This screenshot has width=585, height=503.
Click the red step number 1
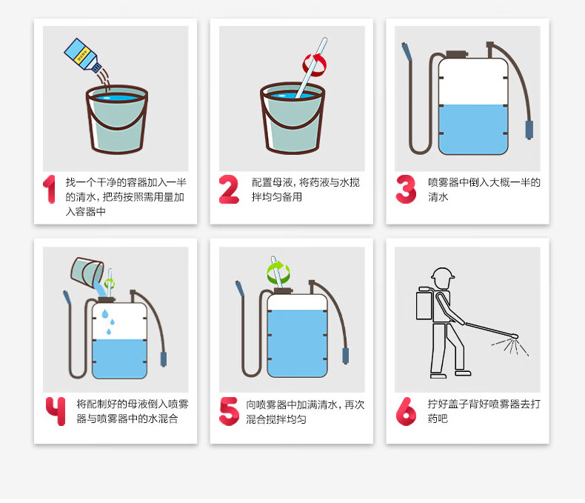tap(50, 189)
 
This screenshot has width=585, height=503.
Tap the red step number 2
tap(229, 189)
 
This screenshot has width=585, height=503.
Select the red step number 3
tap(406, 189)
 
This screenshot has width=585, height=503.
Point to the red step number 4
tap(56, 411)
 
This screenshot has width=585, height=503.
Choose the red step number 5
tap(229, 411)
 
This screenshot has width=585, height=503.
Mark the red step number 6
tap(406, 411)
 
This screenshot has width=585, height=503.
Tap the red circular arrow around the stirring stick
tap(315, 65)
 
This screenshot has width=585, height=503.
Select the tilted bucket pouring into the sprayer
tap(87, 273)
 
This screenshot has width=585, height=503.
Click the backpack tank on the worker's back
tap(424, 303)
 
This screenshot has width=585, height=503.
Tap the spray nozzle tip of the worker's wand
tap(515, 336)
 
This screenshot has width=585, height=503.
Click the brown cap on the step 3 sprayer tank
tap(457, 55)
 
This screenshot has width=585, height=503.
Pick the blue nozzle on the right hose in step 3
tap(529, 130)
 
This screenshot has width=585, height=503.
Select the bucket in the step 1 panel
tap(117, 119)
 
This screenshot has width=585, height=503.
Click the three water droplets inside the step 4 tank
tap(109, 322)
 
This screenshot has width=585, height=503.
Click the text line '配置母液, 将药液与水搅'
tap(306, 182)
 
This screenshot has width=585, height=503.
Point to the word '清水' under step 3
tap(438, 197)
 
